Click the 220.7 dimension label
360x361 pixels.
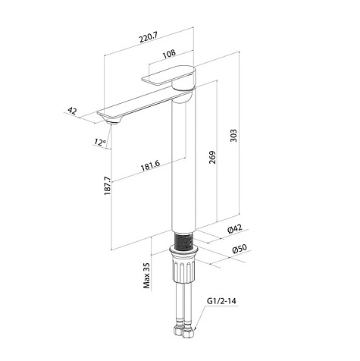[x=149, y=38]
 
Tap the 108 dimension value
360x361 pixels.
[x=169, y=54]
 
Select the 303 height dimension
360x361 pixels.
[x=234, y=136]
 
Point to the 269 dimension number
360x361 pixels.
[x=213, y=157]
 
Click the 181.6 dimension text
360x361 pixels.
[x=150, y=165]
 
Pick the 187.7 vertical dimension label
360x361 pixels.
[x=108, y=186]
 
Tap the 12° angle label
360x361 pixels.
[x=100, y=142]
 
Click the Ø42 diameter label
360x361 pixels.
[x=235, y=229]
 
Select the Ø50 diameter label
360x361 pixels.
[x=239, y=249]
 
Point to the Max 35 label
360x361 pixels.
[x=146, y=276]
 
